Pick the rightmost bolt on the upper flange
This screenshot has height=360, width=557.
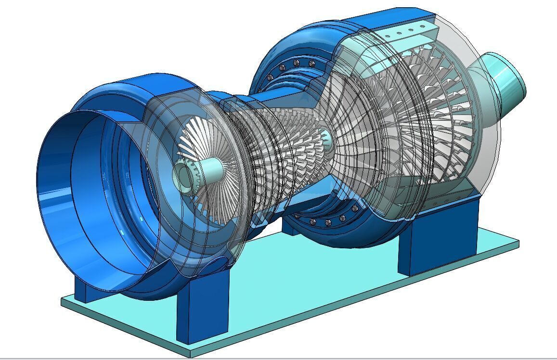tap(312, 63)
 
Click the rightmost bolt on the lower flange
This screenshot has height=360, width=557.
tap(355, 208)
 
